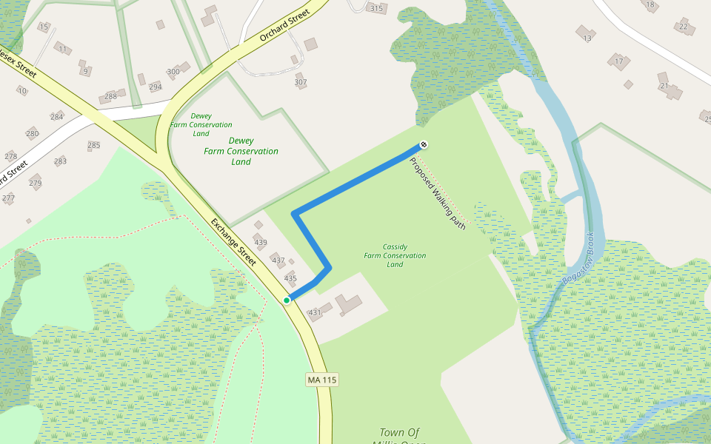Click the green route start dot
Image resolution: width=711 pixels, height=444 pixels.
coord(287,300)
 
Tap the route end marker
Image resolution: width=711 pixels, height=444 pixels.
coord(424,144)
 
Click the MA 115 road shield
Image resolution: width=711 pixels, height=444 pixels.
coord(322,380)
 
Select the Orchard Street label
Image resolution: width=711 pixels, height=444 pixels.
coord(283,27)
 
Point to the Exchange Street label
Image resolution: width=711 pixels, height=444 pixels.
coord(233,242)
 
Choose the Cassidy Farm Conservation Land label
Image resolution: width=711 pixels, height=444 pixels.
coord(395,255)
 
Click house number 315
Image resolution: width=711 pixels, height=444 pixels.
coord(376,9)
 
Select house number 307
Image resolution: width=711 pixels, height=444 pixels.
coord(301,82)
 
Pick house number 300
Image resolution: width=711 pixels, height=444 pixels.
coord(173,72)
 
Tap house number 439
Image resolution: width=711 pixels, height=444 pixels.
coord(260,243)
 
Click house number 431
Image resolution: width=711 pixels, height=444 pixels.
coord(315,313)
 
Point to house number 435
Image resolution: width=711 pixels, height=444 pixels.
coord(290,279)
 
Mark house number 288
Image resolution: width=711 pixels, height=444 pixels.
coord(110,96)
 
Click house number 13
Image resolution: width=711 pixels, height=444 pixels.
coord(587,38)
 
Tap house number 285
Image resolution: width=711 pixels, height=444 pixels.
coord(93,145)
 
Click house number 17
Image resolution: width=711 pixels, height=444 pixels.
coord(618,61)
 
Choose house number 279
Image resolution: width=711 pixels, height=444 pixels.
coord(36,183)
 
